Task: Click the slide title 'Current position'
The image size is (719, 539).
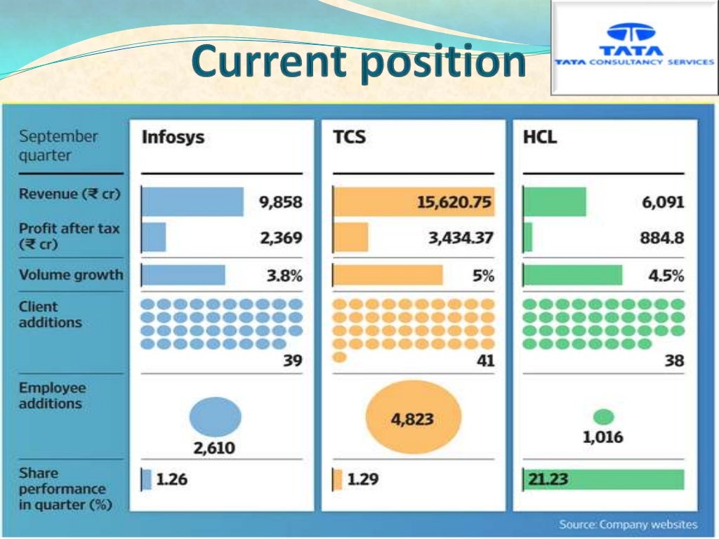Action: click(358, 62)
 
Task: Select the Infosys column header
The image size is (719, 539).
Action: click(173, 137)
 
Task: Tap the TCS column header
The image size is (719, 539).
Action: click(349, 137)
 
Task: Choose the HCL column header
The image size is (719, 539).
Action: click(539, 137)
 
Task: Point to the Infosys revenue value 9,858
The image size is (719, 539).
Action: click(280, 202)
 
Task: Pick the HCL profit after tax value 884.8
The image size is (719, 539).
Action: click(661, 238)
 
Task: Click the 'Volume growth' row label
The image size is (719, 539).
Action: click(70, 275)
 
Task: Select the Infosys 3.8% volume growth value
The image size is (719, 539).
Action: click(284, 276)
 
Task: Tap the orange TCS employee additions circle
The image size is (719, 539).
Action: click(414, 419)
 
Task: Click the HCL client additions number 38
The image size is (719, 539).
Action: click(674, 361)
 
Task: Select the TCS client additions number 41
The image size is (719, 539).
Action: click(484, 361)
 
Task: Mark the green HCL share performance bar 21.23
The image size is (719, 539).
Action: click(604, 480)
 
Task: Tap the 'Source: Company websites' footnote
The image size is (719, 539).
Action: click(628, 524)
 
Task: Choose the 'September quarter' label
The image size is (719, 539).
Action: click(58, 145)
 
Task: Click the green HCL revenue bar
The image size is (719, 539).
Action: click(555, 202)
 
